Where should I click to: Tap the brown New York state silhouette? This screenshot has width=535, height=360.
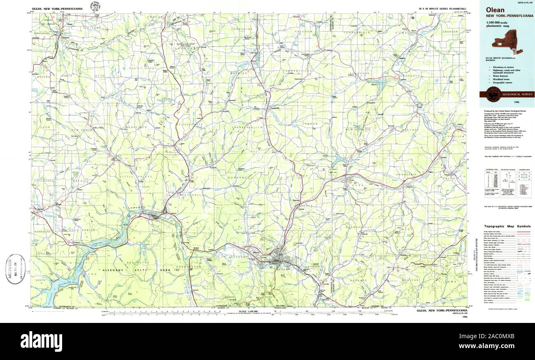pyautogui.click(x=507, y=42)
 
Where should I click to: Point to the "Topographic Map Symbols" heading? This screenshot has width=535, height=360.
pyautogui.click(x=507, y=226)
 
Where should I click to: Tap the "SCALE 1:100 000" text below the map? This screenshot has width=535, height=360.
pyautogui.click(x=247, y=311)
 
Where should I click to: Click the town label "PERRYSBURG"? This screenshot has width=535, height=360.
pyautogui.click(x=43, y=32)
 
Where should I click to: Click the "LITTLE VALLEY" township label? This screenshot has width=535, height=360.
pyautogui.click(x=130, y=176)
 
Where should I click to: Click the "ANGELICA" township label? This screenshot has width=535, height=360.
pyautogui.click(x=454, y=136)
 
